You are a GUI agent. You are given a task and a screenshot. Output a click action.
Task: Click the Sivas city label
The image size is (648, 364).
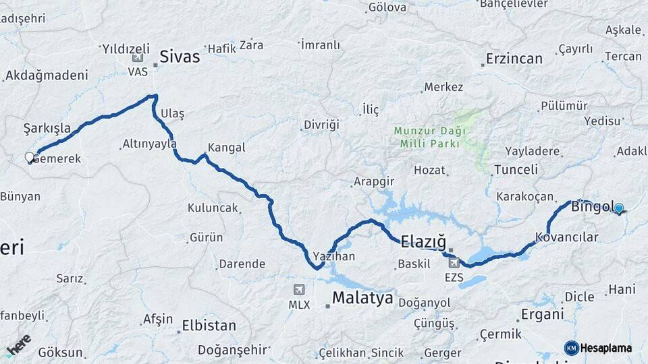coord(180,57)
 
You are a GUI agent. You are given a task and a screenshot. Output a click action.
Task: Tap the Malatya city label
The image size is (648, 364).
coord(362,299)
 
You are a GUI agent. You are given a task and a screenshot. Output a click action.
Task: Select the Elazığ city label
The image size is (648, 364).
coord(423,241)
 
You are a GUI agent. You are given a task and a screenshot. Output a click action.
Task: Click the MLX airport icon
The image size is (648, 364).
coord(299,290)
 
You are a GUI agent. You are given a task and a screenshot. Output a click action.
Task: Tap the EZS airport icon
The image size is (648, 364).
coord(454,263)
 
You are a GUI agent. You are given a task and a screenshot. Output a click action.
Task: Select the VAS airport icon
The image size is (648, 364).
coord(138,57)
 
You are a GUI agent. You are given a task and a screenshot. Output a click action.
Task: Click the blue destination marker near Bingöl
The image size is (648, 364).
coord(618,209)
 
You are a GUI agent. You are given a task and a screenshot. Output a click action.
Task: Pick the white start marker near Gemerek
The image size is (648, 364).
coord(30,158)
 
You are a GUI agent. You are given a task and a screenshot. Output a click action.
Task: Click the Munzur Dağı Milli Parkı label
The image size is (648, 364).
coord(429,137)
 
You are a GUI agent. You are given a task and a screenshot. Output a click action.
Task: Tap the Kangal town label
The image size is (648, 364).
coord(226,147)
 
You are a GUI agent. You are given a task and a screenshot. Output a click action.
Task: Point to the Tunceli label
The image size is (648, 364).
coord(516,170)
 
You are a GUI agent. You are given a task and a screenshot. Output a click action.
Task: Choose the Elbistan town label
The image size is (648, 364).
coord(209,326)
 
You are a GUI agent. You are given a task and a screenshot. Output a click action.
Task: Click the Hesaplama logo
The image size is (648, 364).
coord(598,348)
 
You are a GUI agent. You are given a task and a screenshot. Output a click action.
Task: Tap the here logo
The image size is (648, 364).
coord(18,345)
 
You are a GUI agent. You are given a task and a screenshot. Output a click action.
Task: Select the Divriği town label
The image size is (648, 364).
coord(321,125)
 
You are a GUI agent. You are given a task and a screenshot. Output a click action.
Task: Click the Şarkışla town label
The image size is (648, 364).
coord(47,128)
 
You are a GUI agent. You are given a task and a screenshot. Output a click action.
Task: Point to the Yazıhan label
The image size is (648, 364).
coord(334,257)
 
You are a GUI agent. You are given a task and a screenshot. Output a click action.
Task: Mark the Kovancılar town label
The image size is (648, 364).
coord(567,237)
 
